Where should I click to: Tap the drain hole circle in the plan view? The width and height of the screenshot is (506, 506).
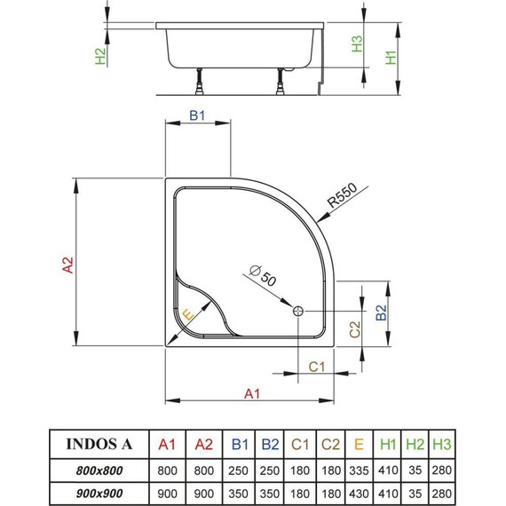[x=297, y=311]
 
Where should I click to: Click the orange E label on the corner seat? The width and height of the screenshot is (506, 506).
[x=187, y=315]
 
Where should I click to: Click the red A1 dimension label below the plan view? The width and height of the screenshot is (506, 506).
[x=251, y=393]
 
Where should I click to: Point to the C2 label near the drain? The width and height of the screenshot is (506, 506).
[x=353, y=329]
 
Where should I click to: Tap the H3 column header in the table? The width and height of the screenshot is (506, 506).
[x=440, y=443]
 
